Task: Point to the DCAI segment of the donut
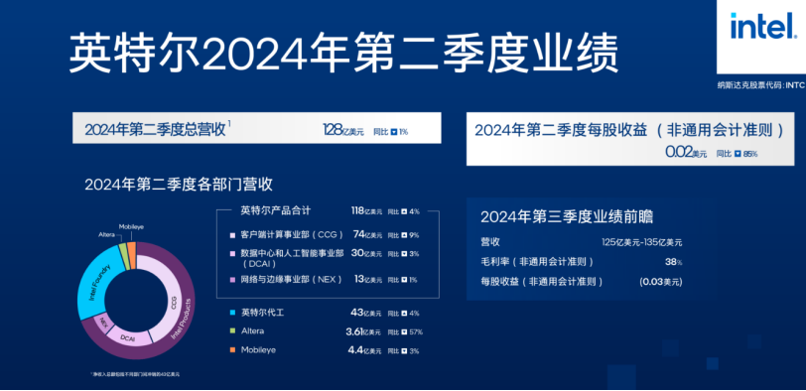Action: tap(128, 337)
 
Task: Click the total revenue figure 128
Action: tap(332, 130)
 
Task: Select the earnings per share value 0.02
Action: tap(678, 153)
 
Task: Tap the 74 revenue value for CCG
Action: tap(358, 234)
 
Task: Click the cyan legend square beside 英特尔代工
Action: tap(230, 314)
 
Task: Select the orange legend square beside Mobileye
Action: tap(230, 351)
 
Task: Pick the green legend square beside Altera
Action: tap(230, 332)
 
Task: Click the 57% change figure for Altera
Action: tap(415, 332)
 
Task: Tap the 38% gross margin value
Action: tap(673, 262)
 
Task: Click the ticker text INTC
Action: tap(794, 85)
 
